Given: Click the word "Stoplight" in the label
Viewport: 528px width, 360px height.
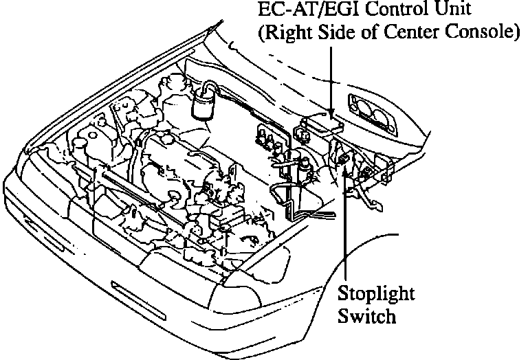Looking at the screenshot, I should point(376,294).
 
